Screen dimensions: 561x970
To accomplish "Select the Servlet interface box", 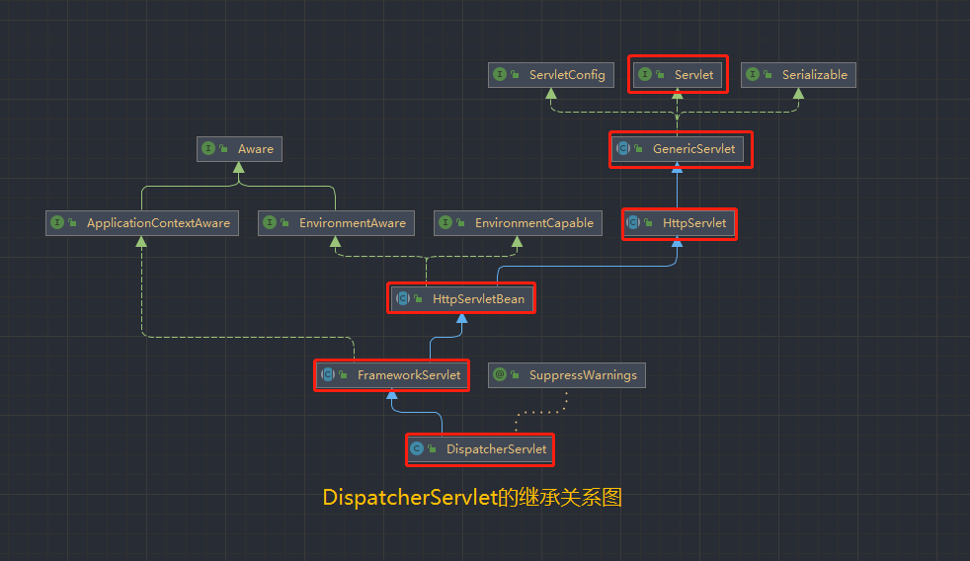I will coord(678,75).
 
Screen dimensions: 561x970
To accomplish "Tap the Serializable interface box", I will coord(798,75).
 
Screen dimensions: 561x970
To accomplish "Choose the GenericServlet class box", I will coord(680,149).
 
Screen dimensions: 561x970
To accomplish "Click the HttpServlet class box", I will coord(679,223).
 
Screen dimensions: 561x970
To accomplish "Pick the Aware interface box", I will coord(239,149).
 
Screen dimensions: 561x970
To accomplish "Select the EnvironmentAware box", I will coord(336,223).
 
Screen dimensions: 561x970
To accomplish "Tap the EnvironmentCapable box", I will coord(518,223).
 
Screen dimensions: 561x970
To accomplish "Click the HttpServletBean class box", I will coord(461,298).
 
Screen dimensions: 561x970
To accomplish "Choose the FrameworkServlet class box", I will coord(391,375).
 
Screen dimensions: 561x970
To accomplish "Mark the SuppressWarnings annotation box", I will coord(567,375).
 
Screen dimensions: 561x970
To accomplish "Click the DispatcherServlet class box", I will coord(480,449).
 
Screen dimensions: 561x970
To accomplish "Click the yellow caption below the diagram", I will coord(472,498).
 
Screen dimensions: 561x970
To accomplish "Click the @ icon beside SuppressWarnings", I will coord(501,375).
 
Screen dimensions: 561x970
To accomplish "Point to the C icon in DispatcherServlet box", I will coord(417,449).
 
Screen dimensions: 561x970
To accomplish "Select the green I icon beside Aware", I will coord(208,149).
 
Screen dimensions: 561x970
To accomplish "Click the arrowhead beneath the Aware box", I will coord(238,168).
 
